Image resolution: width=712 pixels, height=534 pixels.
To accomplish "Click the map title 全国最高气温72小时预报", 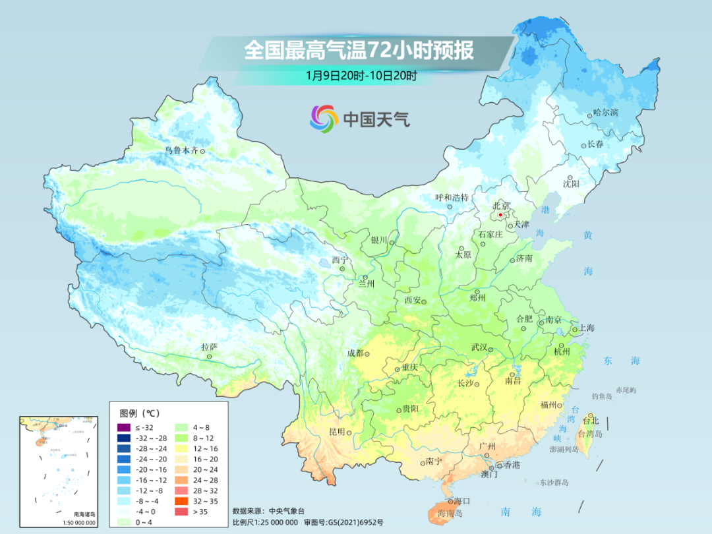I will [x=359, y=51].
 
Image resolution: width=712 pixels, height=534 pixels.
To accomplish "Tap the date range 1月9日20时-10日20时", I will [x=361, y=75].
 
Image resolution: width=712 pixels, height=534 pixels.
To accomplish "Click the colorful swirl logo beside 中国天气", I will [x=324, y=119].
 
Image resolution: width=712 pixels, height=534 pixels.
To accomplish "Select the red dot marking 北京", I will [x=500, y=215].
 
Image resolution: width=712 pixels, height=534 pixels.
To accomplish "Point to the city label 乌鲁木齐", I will [x=181, y=150].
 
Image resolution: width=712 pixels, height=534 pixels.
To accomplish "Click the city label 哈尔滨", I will [x=606, y=113].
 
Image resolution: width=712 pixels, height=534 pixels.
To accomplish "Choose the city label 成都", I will [x=355, y=353].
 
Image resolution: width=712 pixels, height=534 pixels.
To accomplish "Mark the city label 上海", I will [x=586, y=328].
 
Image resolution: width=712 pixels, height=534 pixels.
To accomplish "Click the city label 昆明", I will [x=336, y=432].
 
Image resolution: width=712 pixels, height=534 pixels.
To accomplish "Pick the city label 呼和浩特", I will [x=452, y=197].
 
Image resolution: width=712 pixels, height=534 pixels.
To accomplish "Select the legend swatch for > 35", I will [x=179, y=512].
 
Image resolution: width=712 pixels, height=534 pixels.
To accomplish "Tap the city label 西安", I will [x=412, y=301].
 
